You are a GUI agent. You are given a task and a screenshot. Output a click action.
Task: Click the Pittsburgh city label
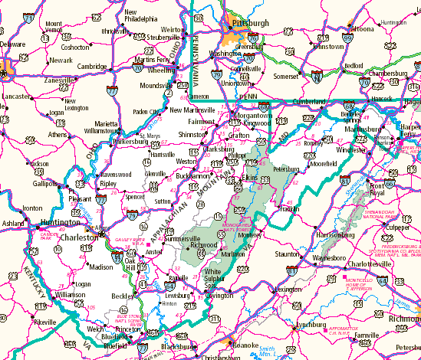point(246,24)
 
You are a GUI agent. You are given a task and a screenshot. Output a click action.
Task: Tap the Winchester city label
point(347,150)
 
